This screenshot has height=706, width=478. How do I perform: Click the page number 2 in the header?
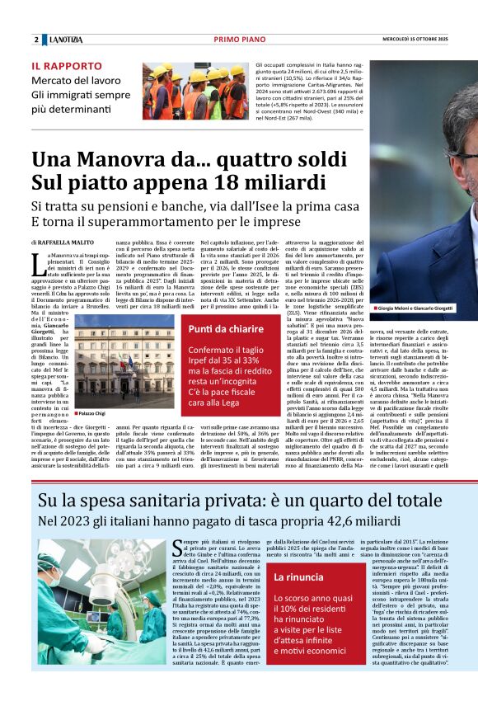(x=36, y=40)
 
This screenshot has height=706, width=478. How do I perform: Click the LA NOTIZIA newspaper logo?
(x=64, y=40)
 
